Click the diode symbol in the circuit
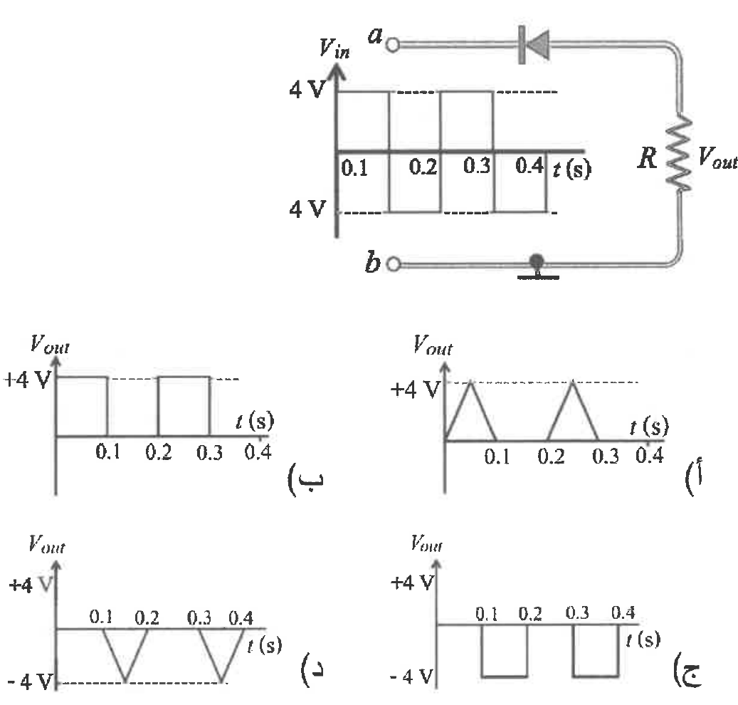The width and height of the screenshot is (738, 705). click(x=534, y=45)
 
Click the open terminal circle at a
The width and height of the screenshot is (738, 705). click(x=393, y=45)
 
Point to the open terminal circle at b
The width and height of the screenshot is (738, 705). click(x=394, y=265)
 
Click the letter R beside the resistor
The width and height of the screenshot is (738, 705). click(x=648, y=158)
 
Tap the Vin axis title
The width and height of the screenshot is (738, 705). click(x=334, y=48)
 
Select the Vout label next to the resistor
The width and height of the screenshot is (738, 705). click(x=717, y=158)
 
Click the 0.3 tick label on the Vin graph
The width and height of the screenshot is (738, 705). click(x=477, y=166)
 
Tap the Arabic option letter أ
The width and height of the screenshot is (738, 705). click(x=694, y=477)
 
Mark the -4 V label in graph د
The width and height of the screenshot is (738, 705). click(x=30, y=681)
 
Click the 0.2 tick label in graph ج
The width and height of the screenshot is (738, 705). click(x=530, y=614)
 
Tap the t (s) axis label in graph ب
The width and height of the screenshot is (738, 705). click(x=255, y=421)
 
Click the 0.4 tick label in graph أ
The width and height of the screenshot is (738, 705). click(x=650, y=455)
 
